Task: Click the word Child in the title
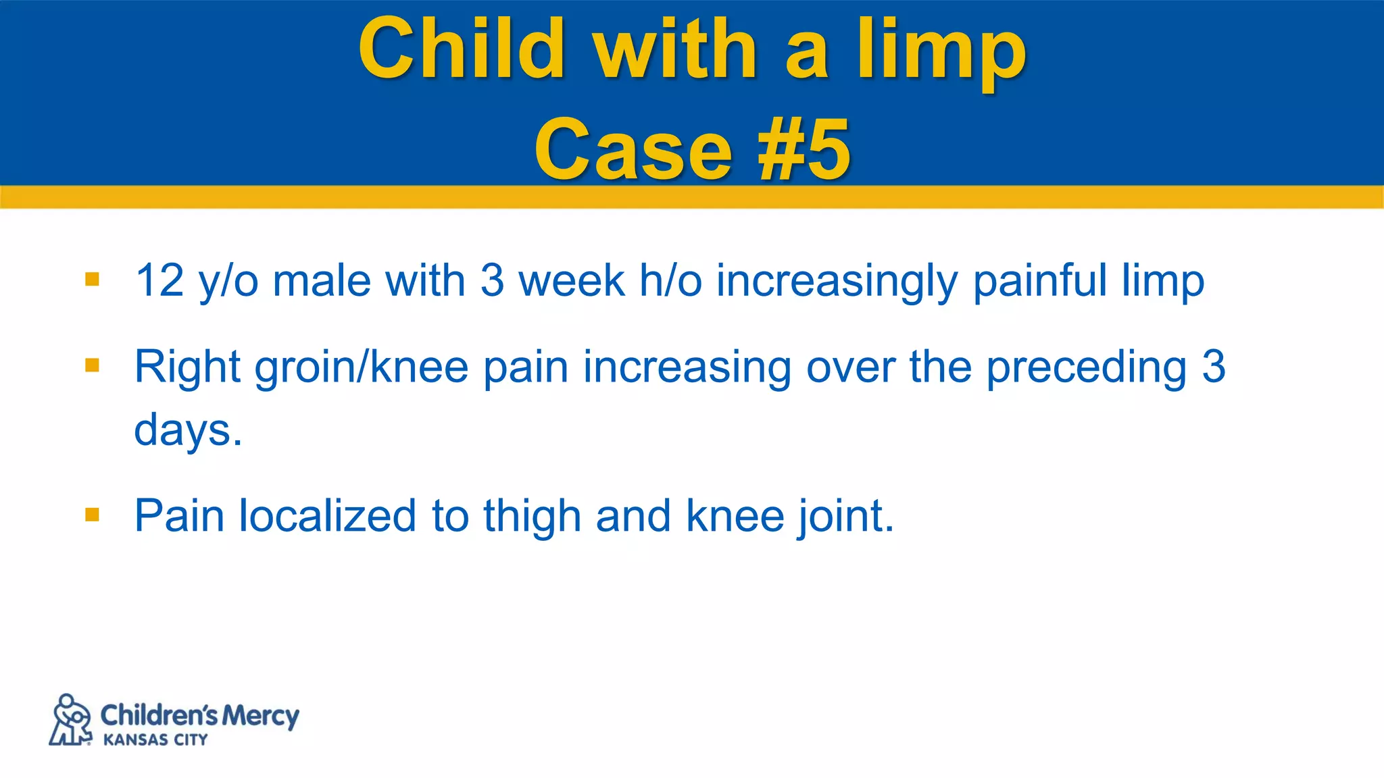point(462,49)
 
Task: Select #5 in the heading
point(804,150)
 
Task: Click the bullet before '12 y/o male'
point(93,280)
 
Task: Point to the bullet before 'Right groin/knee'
point(93,366)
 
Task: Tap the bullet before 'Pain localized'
point(93,516)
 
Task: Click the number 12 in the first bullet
point(159,280)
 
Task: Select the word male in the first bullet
point(322,280)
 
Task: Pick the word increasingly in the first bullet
point(837,281)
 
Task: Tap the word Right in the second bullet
point(187,367)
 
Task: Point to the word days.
point(187,431)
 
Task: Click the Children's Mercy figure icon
point(71,720)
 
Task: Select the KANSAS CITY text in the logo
point(155,740)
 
